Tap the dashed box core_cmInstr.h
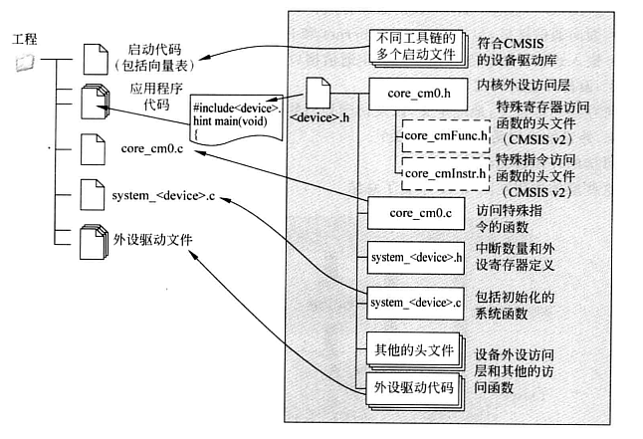click(443, 174)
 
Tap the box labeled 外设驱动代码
click(411, 388)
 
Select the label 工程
click(25, 39)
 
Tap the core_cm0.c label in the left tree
click(156, 147)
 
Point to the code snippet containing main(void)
click(236, 120)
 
